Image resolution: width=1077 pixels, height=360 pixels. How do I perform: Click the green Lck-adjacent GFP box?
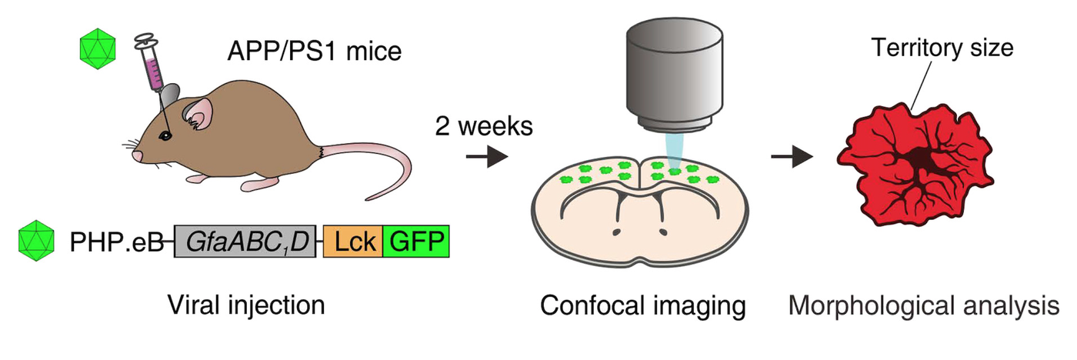[415, 242]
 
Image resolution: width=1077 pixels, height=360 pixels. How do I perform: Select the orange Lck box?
[352, 242]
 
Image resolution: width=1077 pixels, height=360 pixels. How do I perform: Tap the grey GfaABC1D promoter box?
[245, 242]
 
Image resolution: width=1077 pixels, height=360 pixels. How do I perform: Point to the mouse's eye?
[165, 135]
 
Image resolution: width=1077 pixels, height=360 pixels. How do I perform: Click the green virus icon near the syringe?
[98, 49]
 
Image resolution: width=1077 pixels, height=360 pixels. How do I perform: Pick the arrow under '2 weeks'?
[487, 158]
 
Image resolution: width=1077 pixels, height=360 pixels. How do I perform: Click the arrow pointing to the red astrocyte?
[792, 158]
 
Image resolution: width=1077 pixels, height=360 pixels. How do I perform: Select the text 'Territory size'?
[942, 48]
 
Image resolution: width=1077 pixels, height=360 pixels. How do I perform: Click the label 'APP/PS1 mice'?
[315, 52]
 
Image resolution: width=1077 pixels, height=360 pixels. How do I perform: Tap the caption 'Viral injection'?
[246, 305]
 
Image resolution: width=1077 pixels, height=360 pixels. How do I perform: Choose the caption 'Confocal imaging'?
[643, 305]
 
